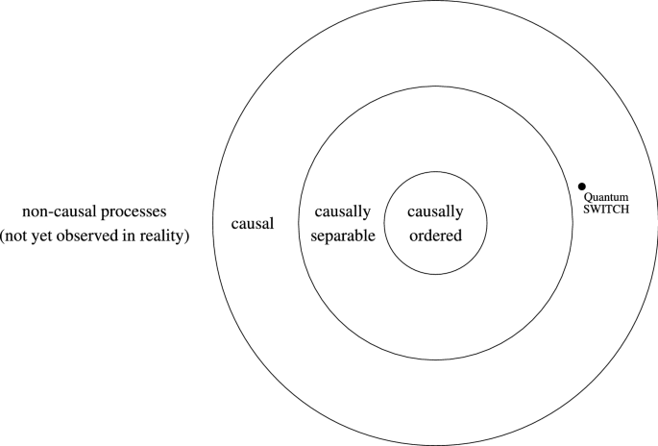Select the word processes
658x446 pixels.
(130, 212)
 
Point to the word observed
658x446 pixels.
(89, 235)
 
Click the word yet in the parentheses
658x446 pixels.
(44, 235)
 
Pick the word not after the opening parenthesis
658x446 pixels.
(20, 235)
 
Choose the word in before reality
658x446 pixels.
(130, 235)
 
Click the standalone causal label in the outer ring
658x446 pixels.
(254, 224)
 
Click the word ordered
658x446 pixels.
(435, 235)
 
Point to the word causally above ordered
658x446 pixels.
(435, 212)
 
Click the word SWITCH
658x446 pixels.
(607, 210)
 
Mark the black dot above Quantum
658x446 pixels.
(582, 186)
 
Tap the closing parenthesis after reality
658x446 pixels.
(186, 235)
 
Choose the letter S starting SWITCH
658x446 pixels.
(588, 210)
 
